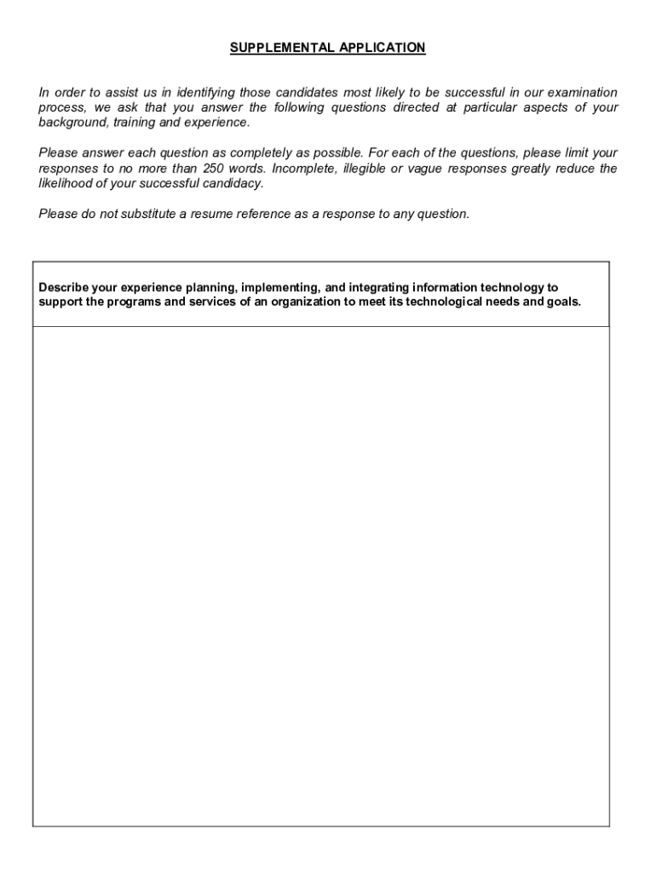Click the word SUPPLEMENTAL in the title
point(271,49)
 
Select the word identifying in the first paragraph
point(204,92)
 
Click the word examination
point(583,92)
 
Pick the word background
point(73,123)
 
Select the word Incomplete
point(304,169)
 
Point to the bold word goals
point(563,302)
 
